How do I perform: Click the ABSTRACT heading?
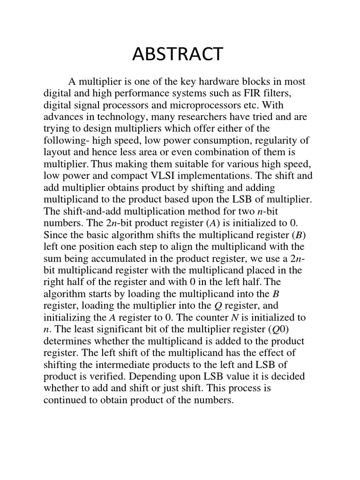pyautogui.click(x=178, y=55)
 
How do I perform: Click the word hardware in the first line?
pyautogui.click(x=197, y=82)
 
